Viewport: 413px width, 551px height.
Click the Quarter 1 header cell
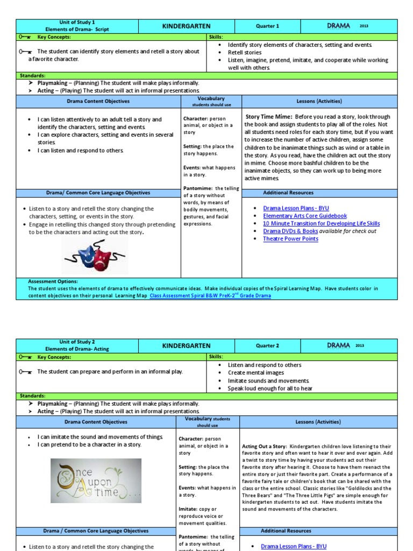[267, 26]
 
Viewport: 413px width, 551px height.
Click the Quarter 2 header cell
[267, 345]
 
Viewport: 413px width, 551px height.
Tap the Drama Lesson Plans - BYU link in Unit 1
[296, 208]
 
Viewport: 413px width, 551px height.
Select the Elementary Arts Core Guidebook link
[305, 216]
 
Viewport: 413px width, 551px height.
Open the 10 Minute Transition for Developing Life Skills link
[321, 223]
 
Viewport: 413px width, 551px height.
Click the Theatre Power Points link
[290, 239]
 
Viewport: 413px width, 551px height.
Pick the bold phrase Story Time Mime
[269, 117]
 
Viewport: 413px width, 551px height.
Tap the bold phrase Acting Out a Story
[265, 447]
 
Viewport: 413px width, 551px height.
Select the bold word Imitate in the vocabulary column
[188, 509]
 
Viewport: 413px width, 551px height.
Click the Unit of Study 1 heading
[77, 23]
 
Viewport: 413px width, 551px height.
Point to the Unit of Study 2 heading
[77, 342]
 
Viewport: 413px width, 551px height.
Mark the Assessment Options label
[53, 281]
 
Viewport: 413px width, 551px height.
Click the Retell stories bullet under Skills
[245, 53]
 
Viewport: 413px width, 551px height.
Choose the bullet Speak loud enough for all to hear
[270, 388]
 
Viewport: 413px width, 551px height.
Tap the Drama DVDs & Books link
[290, 231]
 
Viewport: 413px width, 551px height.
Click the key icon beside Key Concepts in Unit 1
[25, 37]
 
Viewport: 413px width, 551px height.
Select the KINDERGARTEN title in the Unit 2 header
[186, 345]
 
